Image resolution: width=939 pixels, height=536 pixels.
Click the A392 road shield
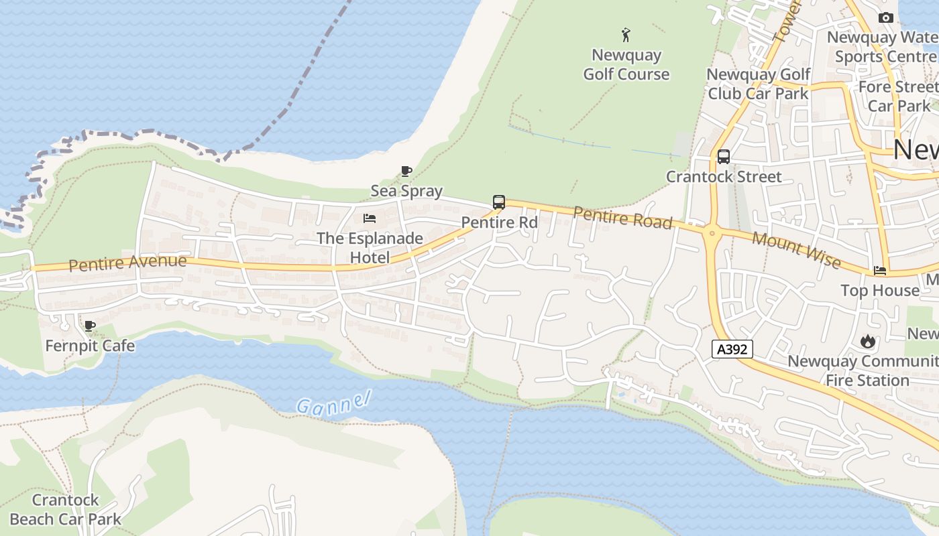(x=732, y=349)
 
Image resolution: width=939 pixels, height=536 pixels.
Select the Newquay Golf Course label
(x=626, y=64)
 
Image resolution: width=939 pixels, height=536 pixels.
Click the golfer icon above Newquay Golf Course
(x=626, y=35)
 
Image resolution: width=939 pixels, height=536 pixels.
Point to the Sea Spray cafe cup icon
(x=406, y=172)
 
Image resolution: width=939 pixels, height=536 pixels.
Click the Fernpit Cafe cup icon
(x=90, y=326)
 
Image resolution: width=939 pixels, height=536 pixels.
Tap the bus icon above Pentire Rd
(x=498, y=202)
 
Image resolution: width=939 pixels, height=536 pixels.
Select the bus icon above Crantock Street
(x=723, y=157)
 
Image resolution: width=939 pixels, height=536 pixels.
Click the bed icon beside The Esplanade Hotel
(x=370, y=218)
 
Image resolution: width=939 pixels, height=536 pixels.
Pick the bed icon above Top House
(x=880, y=271)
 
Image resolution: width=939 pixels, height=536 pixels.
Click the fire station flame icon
(x=868, y=342)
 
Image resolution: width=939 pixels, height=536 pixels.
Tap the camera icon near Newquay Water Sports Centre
(x=886, y=18)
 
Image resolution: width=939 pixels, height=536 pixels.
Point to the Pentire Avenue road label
(x=127, y=262)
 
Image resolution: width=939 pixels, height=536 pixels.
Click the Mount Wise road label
(x=796, y=249)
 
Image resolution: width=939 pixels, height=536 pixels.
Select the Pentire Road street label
(x=622, y=218)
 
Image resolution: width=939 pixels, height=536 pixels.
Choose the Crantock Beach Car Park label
(x=66, y=509)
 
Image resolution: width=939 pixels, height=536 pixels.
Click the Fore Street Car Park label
(x=899, y=96)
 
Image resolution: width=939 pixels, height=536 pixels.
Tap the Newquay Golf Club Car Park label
(x=759, y=84)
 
